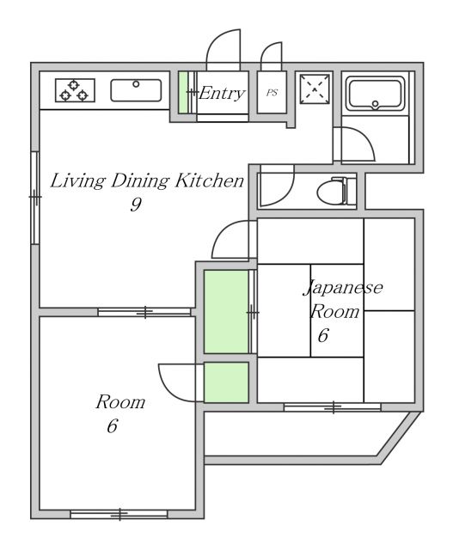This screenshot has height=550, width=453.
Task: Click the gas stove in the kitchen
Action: (75, 89)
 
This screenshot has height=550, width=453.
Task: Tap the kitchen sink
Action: (136, 89)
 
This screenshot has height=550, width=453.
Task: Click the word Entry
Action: (222, 93)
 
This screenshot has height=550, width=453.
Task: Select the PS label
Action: (272, 93)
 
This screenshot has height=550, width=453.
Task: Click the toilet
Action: (336, 190)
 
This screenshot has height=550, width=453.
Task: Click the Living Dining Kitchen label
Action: (146, 180)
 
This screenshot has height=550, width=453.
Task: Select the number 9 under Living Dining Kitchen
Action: (136, 205)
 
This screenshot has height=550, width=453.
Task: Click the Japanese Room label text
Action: (342, 298)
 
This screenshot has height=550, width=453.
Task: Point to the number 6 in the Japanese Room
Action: (322, 336)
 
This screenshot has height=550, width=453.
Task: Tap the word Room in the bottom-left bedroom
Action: (119, 401)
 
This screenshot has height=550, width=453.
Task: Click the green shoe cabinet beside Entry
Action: (183, 93)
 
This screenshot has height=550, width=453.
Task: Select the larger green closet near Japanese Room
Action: (225, 309)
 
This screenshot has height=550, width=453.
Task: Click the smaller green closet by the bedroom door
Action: (226, 382)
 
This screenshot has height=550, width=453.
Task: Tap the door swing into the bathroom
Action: (353, 144)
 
